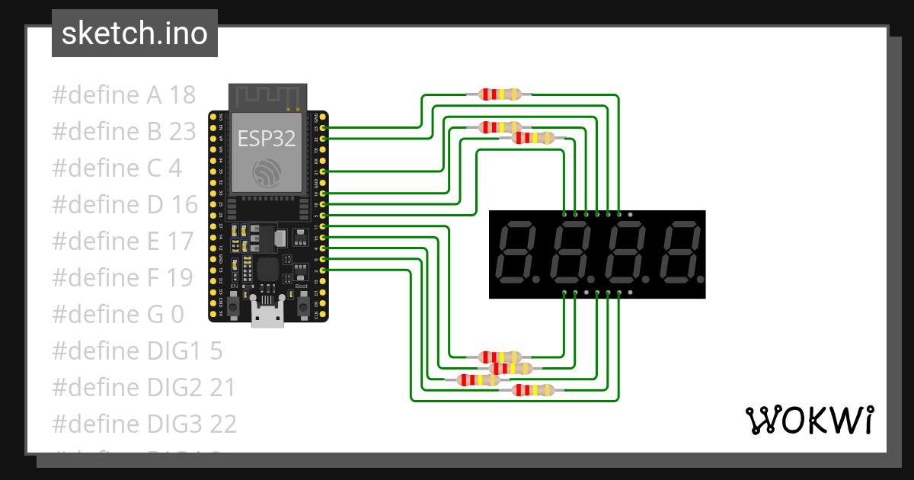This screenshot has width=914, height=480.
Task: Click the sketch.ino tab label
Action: (x=134, y=34)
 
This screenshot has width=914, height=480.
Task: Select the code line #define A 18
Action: (x=124, y=95)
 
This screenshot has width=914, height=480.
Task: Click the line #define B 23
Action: (x=124, y=132)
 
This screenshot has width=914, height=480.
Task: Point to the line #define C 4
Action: (x=117, y=168)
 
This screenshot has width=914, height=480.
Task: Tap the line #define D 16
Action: (x=125, y=205)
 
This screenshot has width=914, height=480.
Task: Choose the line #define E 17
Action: (x=123, y=242)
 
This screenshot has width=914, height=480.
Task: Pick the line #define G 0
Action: (x=117, y=315)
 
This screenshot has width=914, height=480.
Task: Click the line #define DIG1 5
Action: (x=137, y=351)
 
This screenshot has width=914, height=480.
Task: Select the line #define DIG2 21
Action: (x=144, y=388)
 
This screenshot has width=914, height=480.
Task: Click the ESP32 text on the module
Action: (x=266, y=138)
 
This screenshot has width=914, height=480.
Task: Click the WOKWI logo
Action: (x=810, y=421)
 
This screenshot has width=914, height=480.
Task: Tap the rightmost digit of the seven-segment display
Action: (x=679, y=251)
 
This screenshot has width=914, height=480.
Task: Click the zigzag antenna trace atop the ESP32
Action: (x=267, y=98)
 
